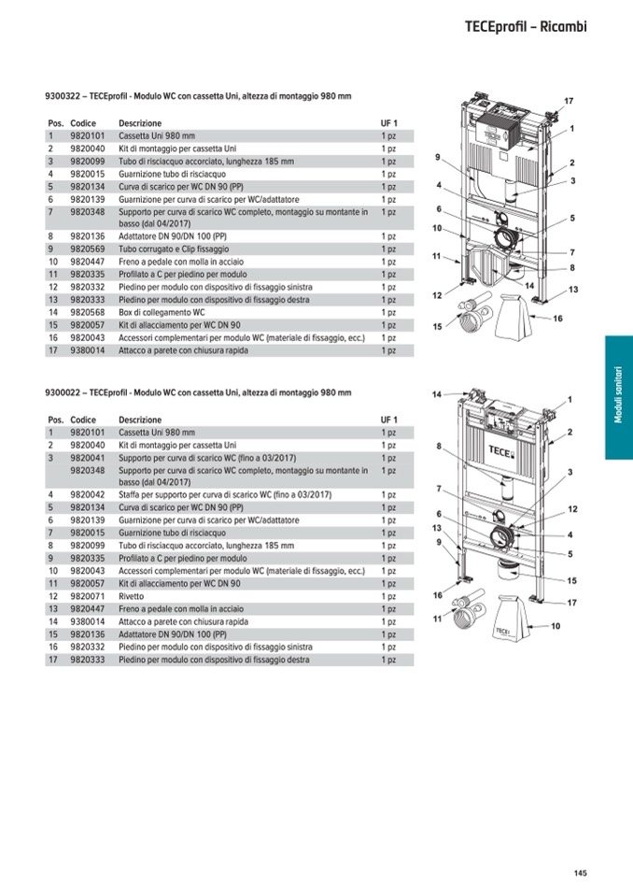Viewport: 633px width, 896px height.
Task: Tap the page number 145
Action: [580, 874]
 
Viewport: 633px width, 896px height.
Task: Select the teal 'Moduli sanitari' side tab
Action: [618, 397]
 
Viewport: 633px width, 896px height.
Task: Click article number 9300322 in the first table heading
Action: [62, 96]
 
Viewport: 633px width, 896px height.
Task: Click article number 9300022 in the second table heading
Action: [62, 393]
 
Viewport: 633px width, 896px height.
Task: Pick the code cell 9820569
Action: [87, 249]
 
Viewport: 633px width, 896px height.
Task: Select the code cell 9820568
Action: [87, 312]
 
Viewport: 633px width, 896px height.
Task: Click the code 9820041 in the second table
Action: [87, 458]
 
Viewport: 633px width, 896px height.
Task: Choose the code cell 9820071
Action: [87, 596]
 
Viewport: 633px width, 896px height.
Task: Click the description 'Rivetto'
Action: [134, 596]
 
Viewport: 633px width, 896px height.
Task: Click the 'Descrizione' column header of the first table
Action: [139, 123]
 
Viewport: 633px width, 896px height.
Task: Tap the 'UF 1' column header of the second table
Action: [388, 420]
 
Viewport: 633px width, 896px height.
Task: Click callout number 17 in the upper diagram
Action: [568, 100]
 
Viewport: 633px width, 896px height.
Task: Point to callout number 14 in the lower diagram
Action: [436, 395]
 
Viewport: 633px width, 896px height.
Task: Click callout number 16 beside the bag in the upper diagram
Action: [557, 319]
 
